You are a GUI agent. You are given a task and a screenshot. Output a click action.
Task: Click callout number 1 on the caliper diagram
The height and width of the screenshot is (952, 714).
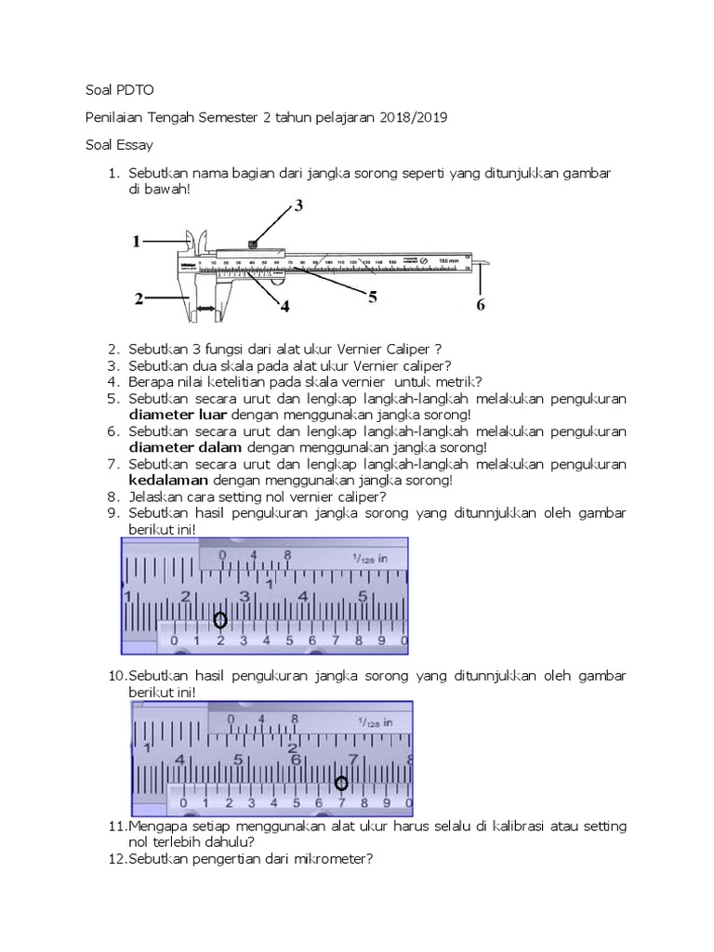(x=136, y=242)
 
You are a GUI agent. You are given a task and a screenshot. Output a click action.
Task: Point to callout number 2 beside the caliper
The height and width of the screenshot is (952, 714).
(x=138, y=299)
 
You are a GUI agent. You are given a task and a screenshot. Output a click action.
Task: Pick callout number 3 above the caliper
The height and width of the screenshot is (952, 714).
(x=298, y=206)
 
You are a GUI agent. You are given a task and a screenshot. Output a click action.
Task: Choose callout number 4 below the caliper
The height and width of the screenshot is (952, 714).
(x=284, y=305)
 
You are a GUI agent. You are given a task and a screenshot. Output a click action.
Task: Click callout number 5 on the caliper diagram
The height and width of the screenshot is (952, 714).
(x=372, y=297)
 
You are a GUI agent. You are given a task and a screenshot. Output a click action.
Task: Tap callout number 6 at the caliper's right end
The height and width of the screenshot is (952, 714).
(x=480, y=304)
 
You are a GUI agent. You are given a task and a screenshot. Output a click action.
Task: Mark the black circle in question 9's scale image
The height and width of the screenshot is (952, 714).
(x=220, y=620)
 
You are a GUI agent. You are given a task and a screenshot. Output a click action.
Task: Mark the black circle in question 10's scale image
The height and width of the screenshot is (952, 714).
(x=341, y=784)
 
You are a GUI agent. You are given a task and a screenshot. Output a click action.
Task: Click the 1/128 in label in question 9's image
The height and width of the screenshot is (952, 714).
(x=369, y=559)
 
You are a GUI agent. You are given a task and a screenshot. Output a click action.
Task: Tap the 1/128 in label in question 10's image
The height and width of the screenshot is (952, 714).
(x=374, y=721)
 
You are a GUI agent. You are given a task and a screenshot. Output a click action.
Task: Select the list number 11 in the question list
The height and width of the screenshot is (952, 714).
(x=117, y=826)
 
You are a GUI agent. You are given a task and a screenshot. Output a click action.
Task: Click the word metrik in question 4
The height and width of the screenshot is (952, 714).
(x=457, y=382)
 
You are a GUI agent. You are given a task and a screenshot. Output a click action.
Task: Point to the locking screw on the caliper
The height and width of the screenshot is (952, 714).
(x=252, y=245)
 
